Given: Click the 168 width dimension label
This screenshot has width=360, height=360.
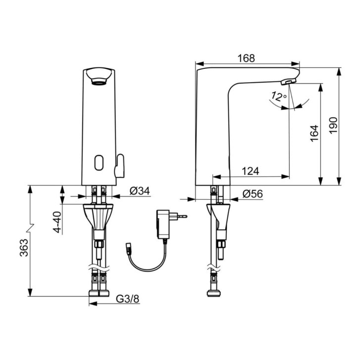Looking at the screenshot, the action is point(246,58).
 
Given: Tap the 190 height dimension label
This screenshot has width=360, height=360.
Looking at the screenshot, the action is point(333,125).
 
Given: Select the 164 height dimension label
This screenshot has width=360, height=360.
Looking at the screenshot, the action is point(314,133).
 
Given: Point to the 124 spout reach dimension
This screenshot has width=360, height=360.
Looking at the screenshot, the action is point(250,171).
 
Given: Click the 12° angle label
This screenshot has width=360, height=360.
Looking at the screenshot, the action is point(279,97).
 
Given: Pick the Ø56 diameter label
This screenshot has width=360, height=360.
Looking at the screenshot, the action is point(253,194).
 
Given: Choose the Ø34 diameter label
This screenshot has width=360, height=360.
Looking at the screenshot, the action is point(140,191).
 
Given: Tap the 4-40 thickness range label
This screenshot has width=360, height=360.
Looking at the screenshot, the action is point(58,222).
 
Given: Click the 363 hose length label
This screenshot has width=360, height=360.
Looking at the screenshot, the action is point(24,248).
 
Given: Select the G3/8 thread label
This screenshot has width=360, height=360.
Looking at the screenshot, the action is point(128,299).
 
